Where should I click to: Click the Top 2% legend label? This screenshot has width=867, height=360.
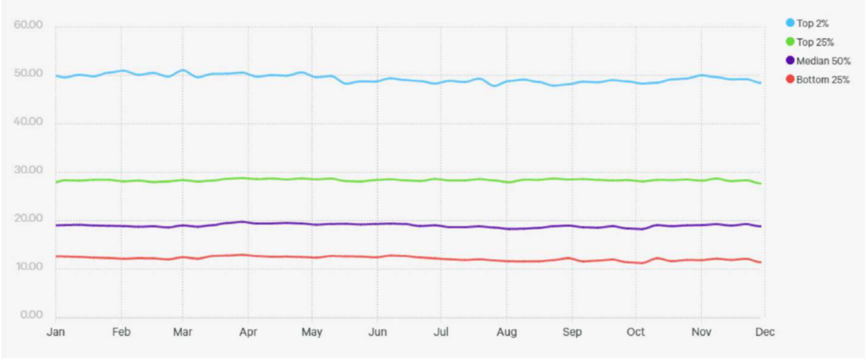point(811,23)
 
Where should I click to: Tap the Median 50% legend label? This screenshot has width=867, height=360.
point(819,60)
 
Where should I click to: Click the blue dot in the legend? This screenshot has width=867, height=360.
point(791,23)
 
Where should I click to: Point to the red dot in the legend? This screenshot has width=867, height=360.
point(791,79)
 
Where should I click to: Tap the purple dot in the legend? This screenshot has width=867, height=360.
point(791,60)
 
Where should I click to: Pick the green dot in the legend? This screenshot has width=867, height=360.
point(791,42)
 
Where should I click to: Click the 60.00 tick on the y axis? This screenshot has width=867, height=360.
point(28,25)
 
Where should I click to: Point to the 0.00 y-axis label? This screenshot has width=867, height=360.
point(30,316)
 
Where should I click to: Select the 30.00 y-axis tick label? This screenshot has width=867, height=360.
point(28,170)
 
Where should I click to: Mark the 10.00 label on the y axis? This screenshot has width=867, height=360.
point(28,268)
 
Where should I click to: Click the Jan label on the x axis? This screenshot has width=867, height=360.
point(56,331)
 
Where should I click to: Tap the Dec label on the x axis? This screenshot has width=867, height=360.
point(763,331)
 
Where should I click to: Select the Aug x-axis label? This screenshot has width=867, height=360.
point(505,331)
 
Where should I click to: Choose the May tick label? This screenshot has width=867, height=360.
point(312,331)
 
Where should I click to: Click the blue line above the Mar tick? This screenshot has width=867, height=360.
point(184,70)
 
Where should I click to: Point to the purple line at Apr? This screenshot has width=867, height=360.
point(248,222)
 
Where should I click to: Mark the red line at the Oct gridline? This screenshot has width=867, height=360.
point(637,262)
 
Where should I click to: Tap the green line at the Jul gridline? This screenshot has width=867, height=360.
point(441,180)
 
